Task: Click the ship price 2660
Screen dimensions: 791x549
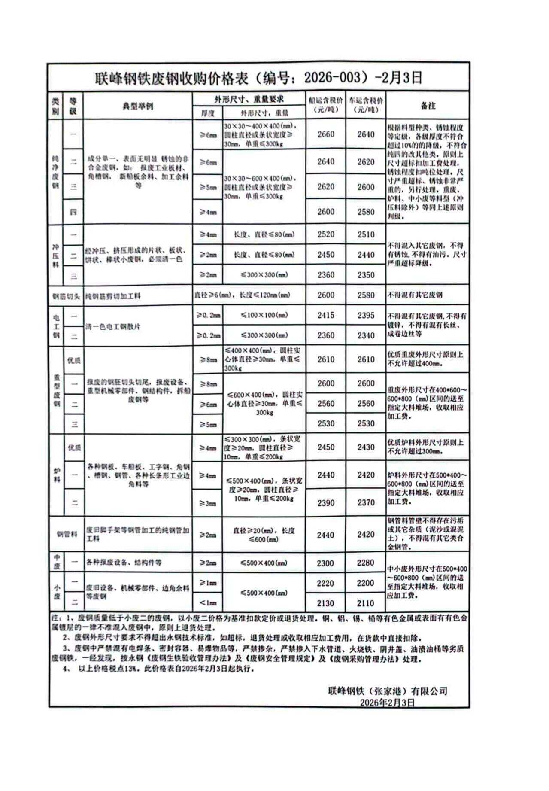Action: click(x=326, y=134)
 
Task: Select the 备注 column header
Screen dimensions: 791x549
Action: click(x=428, y=106)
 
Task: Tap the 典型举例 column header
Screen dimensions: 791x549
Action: click(x=138, y=106)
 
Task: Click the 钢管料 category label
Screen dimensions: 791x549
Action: click(x=67, y=535)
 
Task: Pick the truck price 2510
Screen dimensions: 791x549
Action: click(x=366, y=234)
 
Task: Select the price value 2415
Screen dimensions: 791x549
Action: click(x=326, y=315)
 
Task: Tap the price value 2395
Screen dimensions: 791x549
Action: click(x=366, y=315)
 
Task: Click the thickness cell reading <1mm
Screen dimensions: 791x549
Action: click(x=208, y=603)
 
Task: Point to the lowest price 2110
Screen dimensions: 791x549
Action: click(x=365, y=603)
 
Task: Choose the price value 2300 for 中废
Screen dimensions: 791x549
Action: click(x=325, y=563)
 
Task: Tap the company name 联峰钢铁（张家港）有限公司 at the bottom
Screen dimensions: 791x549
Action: click(x=387, y=691)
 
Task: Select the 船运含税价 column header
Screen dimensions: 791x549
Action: click(x=326, y=105)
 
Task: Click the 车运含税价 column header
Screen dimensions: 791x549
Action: click(x=366, y=105)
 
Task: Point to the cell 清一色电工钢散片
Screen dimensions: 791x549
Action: click(x=113, y=326)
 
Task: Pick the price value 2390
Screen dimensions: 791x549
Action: click(x=326, y=502)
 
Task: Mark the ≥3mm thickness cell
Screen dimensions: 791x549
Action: click(x=208, y=503)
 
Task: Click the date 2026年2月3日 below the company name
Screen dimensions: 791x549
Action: click(x=387, y=703)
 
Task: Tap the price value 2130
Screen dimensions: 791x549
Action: click(x=325, y=603)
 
